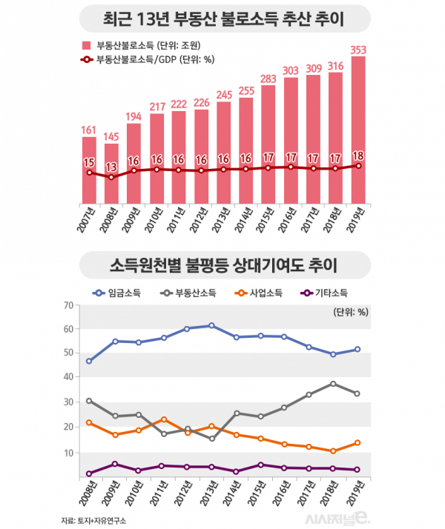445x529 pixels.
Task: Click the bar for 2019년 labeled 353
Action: [358, 130]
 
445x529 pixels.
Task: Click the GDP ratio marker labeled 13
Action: [112, 177]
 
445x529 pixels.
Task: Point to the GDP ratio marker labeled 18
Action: [358, 166]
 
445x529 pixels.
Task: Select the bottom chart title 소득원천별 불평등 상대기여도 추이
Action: [222, 264]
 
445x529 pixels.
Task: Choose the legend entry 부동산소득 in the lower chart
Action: [191, 293]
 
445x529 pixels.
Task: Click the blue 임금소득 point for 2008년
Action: [89, 361]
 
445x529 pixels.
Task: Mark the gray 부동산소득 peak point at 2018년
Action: [334, 384]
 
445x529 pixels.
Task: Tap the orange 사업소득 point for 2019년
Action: [358, 442]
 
